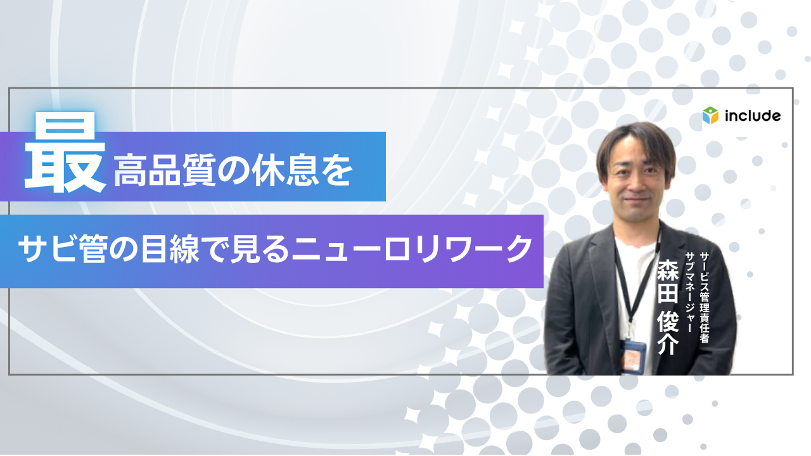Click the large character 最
click(x=65, y=154)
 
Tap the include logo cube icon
click(x=710, y=116)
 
